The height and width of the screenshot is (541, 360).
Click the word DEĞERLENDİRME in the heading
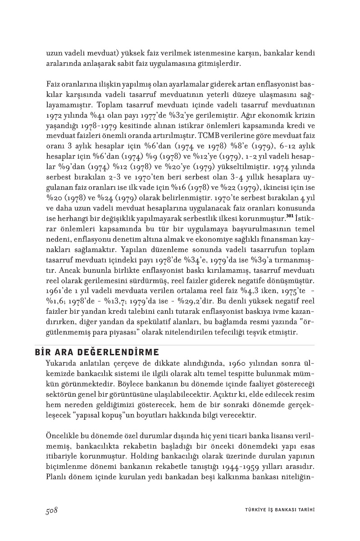tap(112, 352)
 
